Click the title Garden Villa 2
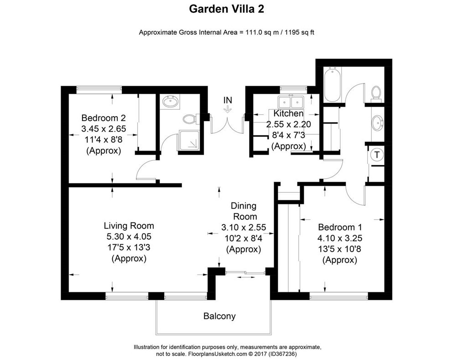click(226, 8)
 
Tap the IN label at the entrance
click(227, 99)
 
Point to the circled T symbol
click(377, 155)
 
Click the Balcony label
click(219, 316)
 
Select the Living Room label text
click(129, 226)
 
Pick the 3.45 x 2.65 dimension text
click(104, 129)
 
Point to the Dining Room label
click(244, 211)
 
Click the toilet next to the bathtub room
click(376, 93)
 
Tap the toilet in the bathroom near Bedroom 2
click(189, 119)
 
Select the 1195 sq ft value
click(299, 32)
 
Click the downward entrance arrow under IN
click(227, 109)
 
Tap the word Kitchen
click(288, 113)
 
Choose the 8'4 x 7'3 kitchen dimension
click(288, 135)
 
